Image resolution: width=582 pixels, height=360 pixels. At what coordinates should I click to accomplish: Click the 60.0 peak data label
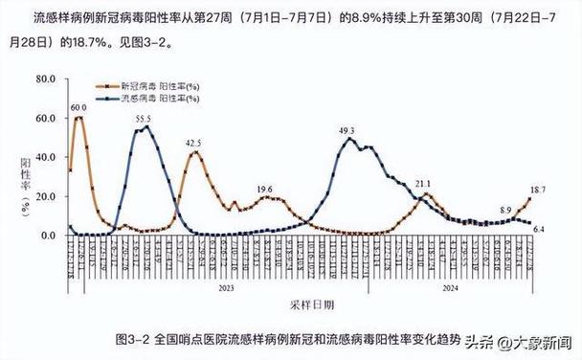78,108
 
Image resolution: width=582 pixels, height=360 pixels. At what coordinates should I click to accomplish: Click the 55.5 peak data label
144,119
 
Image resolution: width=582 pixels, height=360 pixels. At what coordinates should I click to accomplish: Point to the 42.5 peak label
193,143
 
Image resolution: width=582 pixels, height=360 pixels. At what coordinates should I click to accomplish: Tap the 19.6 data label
265,189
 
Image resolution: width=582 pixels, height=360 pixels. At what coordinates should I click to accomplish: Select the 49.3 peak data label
347,130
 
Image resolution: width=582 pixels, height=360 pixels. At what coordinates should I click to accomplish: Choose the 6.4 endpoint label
538,230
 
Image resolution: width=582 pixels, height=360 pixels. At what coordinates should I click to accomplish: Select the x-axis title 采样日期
312,304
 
